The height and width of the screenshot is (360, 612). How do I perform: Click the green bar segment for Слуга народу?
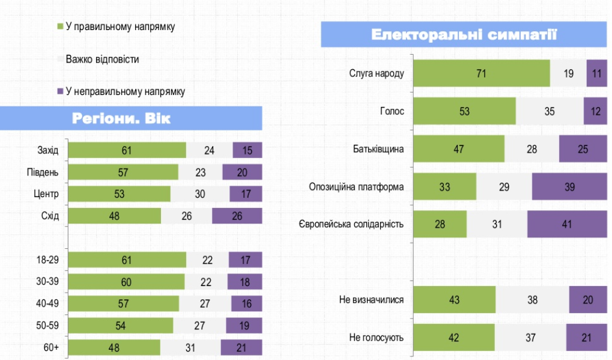click(x=482, y=74)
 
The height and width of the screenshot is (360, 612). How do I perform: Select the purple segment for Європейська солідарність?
click(x=567, y=224)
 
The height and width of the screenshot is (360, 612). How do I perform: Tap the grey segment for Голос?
click(x=550, y=111)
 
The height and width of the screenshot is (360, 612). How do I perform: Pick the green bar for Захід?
click(x=127, y=150)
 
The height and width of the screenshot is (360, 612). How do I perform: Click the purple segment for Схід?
click(x=237, y=216)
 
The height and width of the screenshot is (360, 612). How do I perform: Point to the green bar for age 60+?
click(x=114, y=347)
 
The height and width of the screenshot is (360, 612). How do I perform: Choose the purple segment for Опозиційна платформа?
click(x=569, y=187)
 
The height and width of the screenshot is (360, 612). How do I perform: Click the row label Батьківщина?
click(x=378, y=149)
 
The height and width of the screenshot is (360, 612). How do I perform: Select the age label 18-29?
click(x=47, y=260)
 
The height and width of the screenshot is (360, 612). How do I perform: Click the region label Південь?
click(x=43, y=172)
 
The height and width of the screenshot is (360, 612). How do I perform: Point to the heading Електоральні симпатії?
click(x=464, y=34)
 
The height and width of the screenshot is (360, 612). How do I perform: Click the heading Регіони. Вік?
click(x=121, y=118)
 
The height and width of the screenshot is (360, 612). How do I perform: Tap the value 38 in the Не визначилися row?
click(x=532, y=300)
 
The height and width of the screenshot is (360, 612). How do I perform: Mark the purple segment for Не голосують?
click(x=587, y=338)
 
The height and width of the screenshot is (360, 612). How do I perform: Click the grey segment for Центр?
click(x=200, y=194)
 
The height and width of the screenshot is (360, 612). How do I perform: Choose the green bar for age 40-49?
click(x=123, y=304)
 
